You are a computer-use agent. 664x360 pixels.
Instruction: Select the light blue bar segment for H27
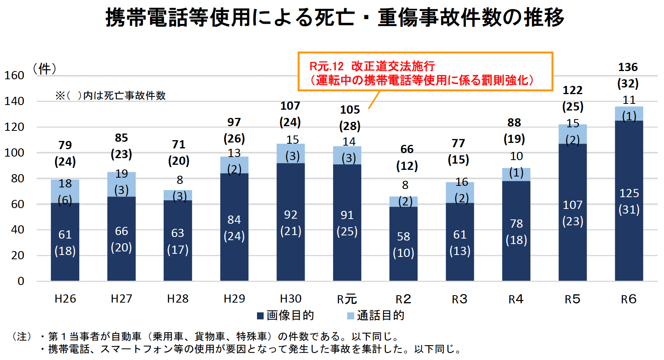click(121, 184)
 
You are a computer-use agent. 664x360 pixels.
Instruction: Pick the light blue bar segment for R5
click(573, 134)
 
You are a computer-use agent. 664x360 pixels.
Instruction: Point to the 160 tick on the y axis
click(14, 75)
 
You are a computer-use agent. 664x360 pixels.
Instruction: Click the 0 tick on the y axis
click(21, 281)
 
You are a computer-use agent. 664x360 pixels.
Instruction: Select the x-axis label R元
click(347, 299)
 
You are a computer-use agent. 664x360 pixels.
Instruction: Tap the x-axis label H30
click(291, 299)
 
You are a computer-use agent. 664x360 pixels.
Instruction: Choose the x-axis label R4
click(516, 299)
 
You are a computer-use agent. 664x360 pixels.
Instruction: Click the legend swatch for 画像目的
click(261, 315)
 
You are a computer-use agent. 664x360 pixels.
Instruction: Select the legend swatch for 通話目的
click(351, 315)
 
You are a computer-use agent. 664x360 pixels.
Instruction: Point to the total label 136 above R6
click(628, 67)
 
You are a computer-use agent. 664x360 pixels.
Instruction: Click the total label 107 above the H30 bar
click(290, 106)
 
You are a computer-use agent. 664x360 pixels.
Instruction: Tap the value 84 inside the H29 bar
click(234, 220)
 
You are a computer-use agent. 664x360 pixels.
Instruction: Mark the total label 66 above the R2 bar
click(407, 149)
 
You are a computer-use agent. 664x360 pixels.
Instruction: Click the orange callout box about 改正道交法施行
click(425, 72)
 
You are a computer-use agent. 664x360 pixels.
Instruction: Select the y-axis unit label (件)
click(45, 69)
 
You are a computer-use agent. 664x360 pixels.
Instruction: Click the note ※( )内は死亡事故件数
click(111, 96)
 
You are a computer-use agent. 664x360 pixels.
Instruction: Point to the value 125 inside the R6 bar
click(629, 193)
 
